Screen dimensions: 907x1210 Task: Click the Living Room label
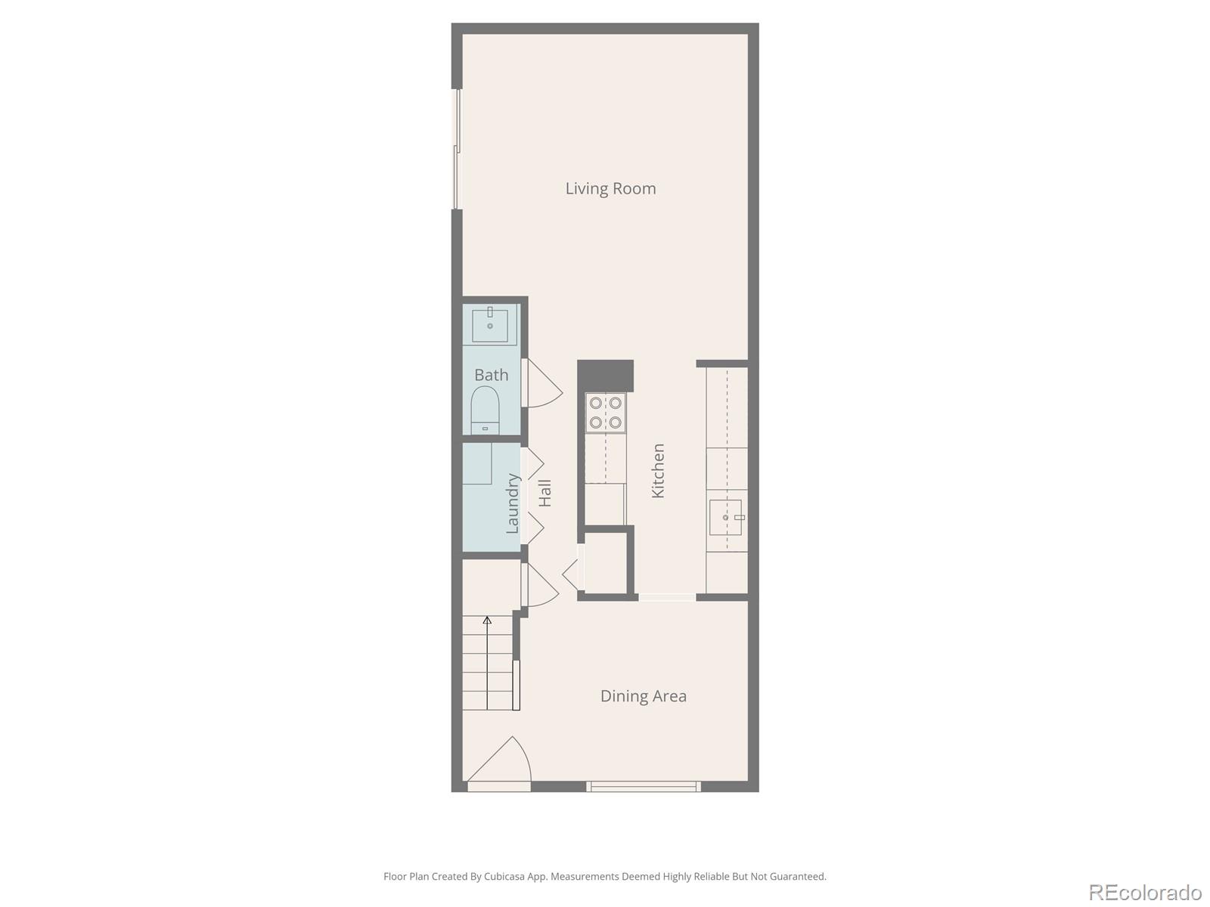tap(610, 188)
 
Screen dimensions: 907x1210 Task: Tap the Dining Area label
tap(643, 696)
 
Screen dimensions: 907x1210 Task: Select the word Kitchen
tap(658, 470)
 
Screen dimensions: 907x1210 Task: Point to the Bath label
tap(491, 375)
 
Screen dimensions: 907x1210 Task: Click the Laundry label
tap(512, 503)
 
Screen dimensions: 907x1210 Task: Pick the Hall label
tap(544, 493)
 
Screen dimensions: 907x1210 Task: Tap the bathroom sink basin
tap(490, 325)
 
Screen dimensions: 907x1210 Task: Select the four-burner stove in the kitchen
tap(606, 413)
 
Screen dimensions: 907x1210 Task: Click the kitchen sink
tap(725, 517)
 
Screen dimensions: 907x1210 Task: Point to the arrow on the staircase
tap(487, 621)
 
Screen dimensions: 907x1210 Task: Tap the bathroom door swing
tap(543, 383)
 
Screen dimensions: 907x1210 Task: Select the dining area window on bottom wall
tap(644, 787)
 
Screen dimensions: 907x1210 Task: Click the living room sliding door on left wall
tap(457, 149)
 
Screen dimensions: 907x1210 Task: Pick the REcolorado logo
tap(1145, 892)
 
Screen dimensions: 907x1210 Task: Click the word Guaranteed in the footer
tap(799, 877)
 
